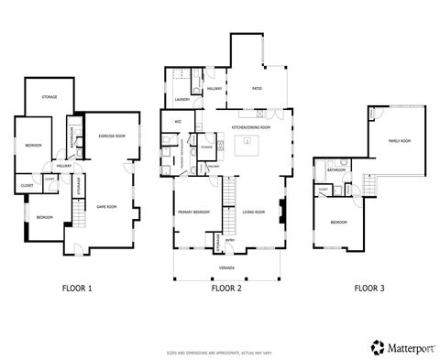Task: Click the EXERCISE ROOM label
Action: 111,136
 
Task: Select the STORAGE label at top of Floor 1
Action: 49,95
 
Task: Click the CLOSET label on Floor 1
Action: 26,186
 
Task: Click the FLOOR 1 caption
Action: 78,288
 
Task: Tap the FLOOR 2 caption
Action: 226,288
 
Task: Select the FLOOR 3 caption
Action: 369,288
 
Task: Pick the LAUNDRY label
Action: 181,100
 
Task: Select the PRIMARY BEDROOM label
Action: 193,212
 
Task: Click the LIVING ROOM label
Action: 253,212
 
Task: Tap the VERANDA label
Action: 226,267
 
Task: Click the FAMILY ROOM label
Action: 400,141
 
